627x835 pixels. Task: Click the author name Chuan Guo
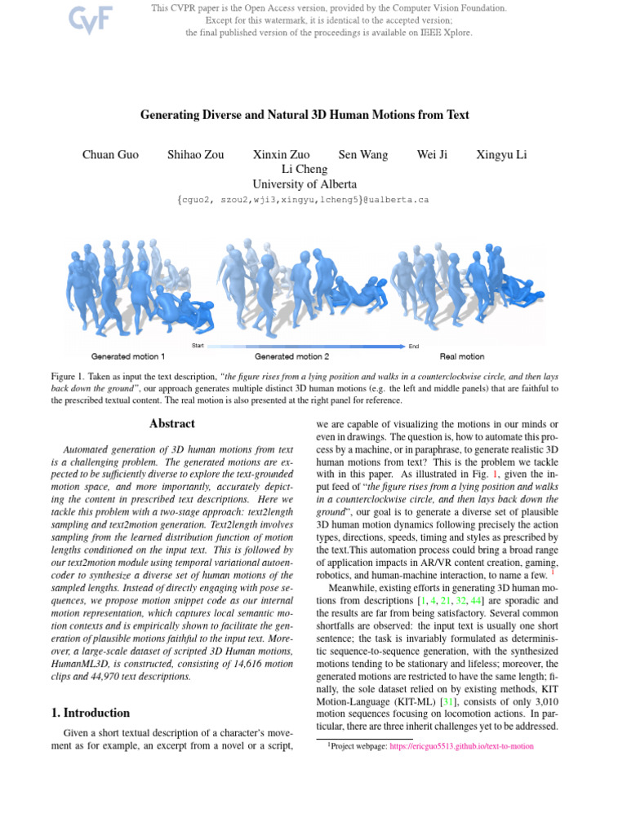coord(111,154)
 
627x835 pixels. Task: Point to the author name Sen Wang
coord(363,154)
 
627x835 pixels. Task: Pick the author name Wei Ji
coord(432,154)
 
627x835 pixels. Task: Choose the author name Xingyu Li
coord(501,154)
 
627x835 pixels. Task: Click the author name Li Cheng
coord(304,169)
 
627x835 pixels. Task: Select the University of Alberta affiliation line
coord(304,184)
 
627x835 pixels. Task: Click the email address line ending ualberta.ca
coord(303,200)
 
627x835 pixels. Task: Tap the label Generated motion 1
coord(128,356)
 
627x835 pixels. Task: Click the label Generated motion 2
coord(292,356)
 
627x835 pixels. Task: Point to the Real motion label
coord(462,356)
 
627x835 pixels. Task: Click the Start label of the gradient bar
coord(198,346)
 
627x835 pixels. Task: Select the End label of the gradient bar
coord(414,347)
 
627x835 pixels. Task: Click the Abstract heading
coord(172,424)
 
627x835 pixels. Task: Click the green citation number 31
coord(447,679)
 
